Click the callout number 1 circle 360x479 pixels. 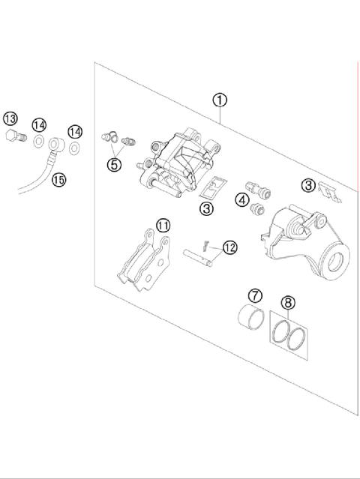[x=220, y=100]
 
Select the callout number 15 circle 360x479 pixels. [x=58, y=178]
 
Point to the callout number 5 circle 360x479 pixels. [x=114, y=164]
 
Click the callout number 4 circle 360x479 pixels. [x=241, y=199]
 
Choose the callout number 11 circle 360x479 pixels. [x=163, y=224]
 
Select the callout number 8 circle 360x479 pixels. [x=287, y=303]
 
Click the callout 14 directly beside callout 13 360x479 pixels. [x=39, y=124]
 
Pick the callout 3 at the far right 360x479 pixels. [x=308, y=184]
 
